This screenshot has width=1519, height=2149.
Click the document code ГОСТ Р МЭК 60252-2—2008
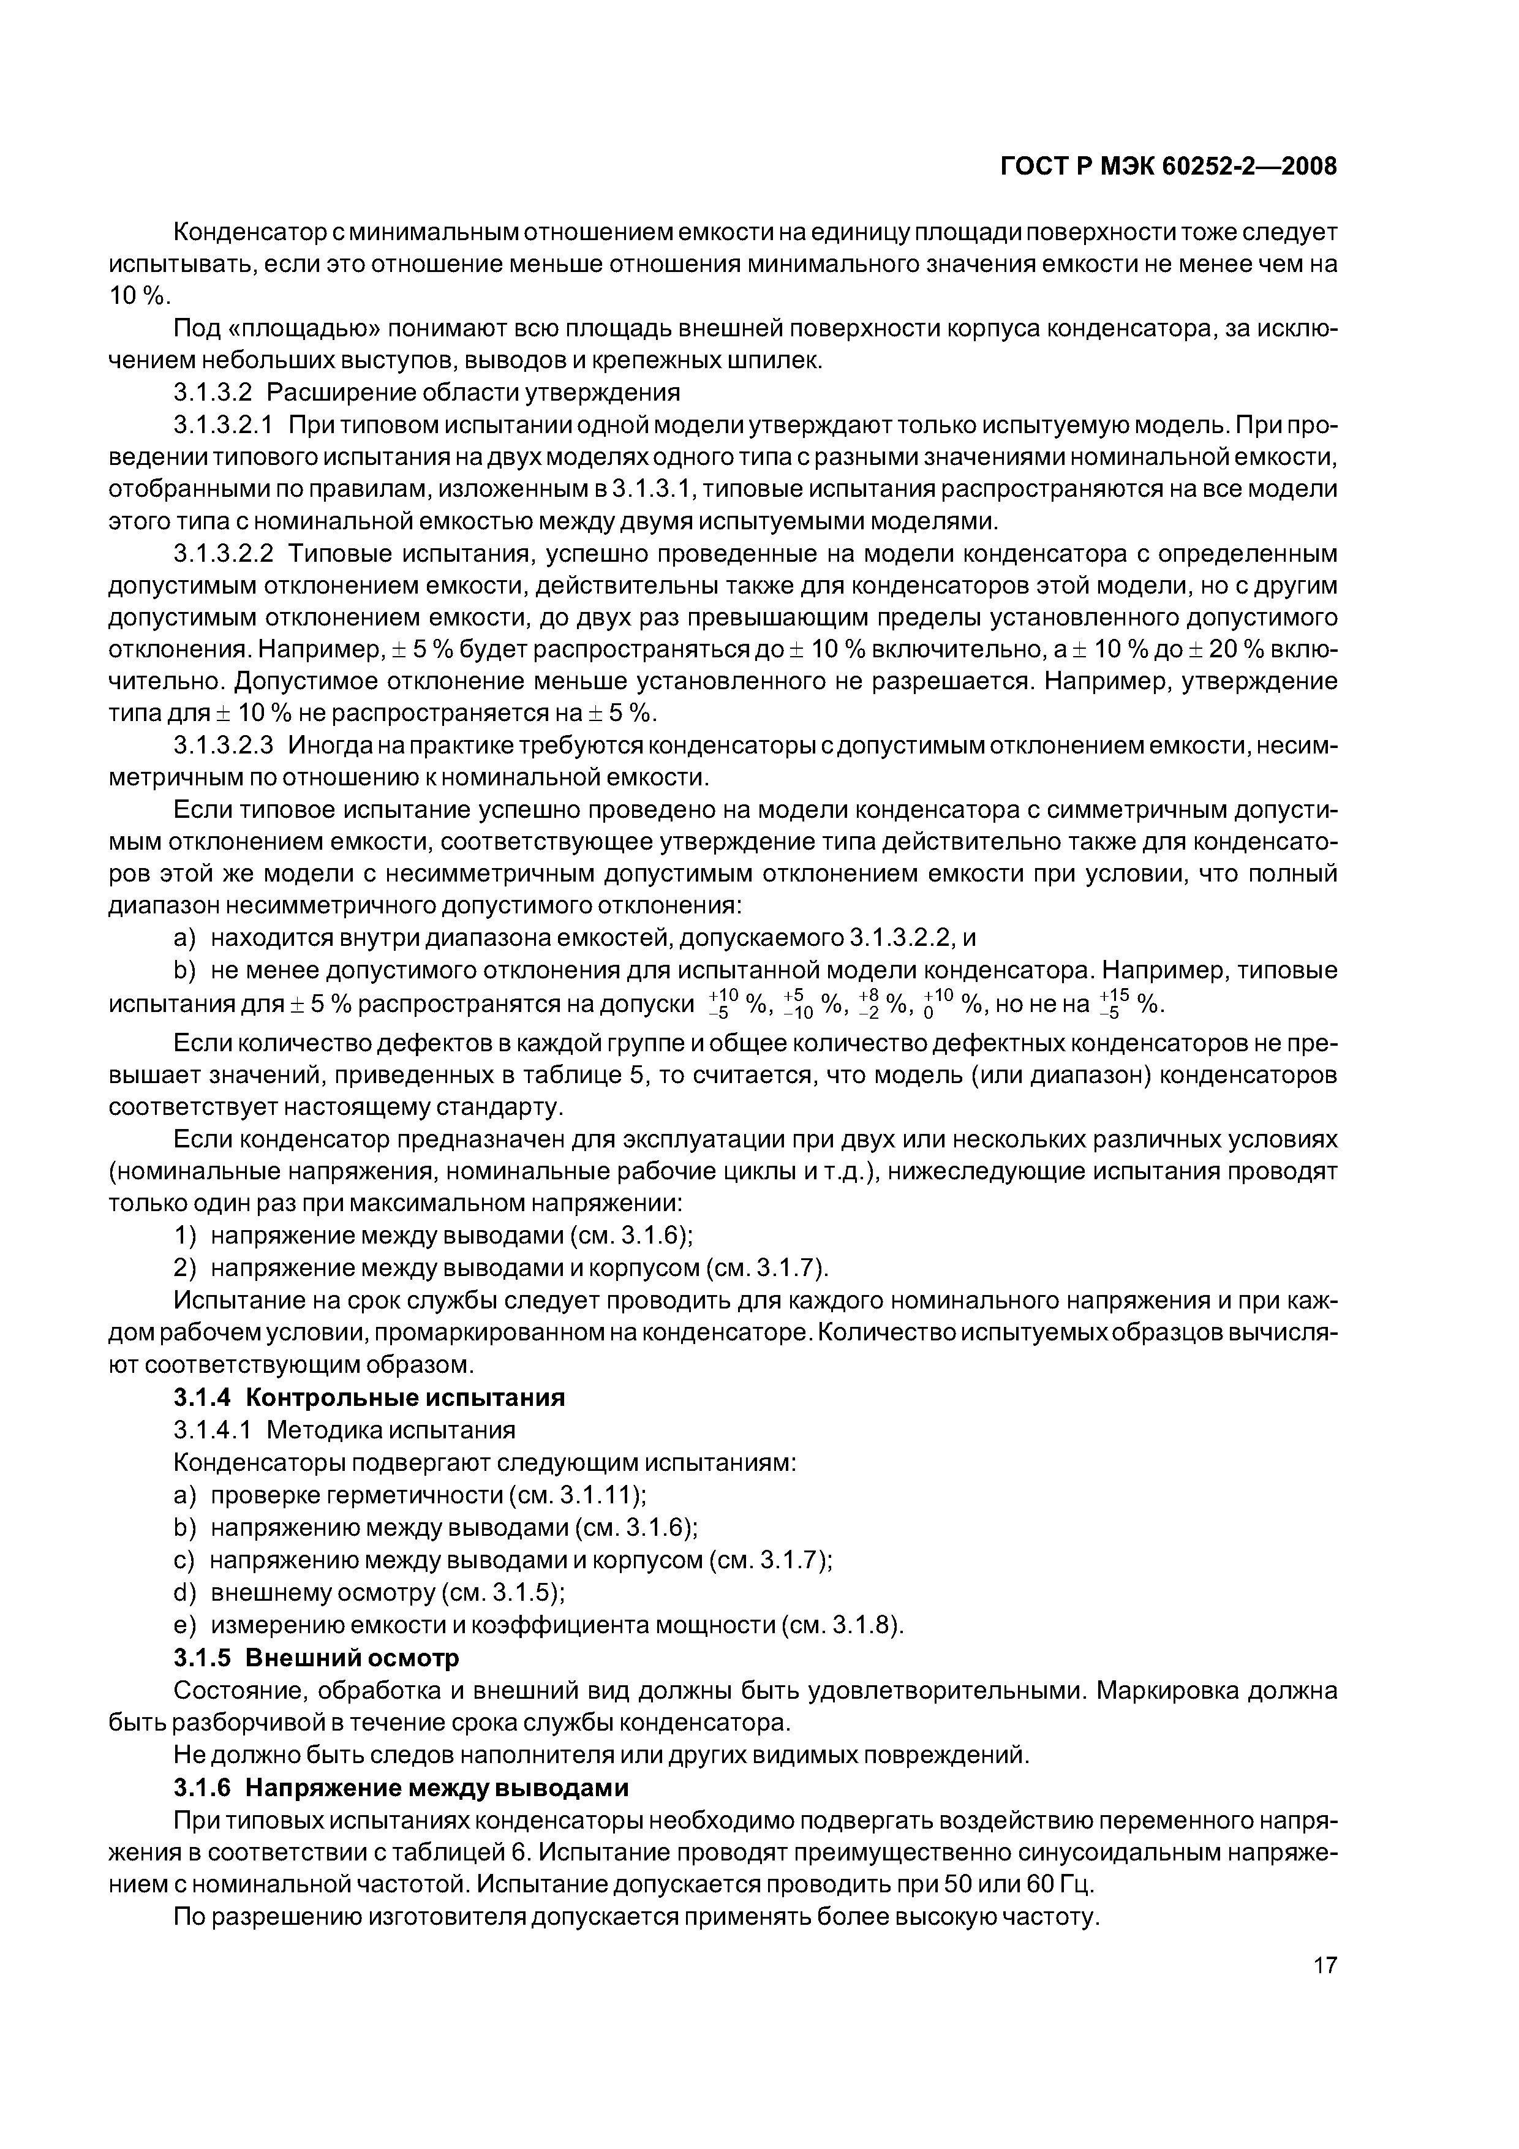1168,167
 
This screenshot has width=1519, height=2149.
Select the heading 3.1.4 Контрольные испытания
370,1397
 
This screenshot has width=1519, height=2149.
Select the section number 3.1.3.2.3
223,745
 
